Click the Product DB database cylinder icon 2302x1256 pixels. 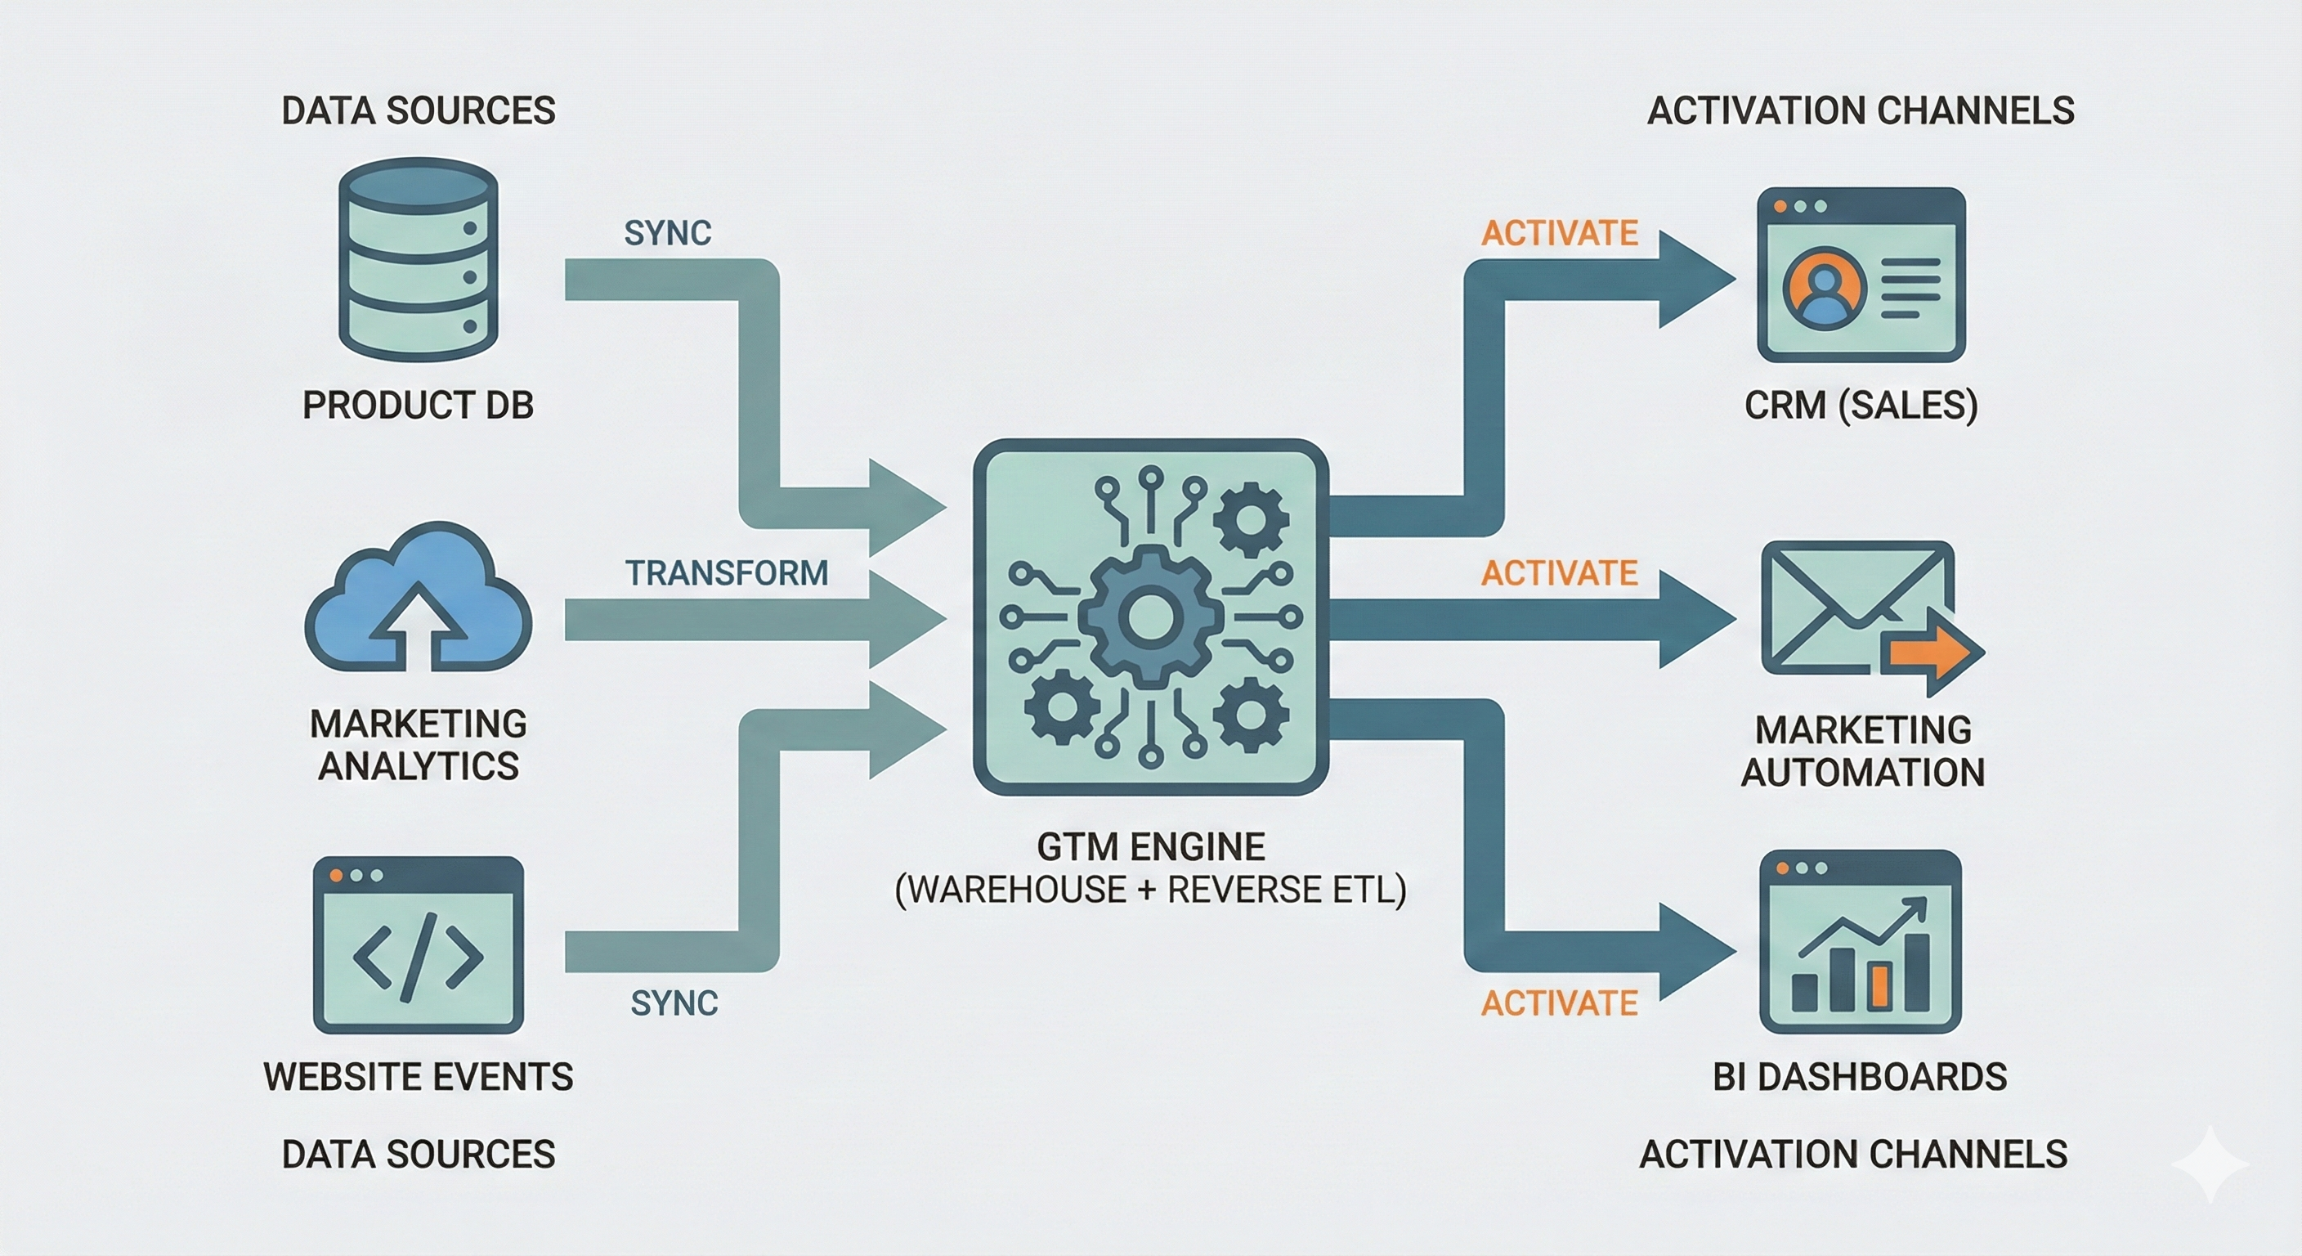[x=418, y=259]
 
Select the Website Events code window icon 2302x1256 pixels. [x=418, y=945]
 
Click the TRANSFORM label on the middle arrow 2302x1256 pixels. [x=726, y=573]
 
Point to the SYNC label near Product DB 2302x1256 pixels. [x=668, y=233]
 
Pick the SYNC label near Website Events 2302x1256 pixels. [x=674, y=1004]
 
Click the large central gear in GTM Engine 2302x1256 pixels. [x=1150, y=617]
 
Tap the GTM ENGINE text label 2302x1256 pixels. [x=1150, y=846]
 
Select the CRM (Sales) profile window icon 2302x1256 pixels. [x=1861, y=275]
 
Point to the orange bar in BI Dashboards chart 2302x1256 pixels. [x=1879, y=986]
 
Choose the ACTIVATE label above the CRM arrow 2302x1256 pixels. [x=1560, y=233]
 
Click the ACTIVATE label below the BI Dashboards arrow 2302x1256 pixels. [x=1560, y=1004]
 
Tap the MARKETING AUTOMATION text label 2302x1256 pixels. [x=1862, y=751]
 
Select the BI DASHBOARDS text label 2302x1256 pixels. [x=1860, y=1077]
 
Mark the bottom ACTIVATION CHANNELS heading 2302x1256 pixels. [x=1852, y=1154]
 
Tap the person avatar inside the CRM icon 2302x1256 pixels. [x=1824, y=289]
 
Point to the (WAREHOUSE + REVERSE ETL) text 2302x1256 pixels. [x=1150, y=890]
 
